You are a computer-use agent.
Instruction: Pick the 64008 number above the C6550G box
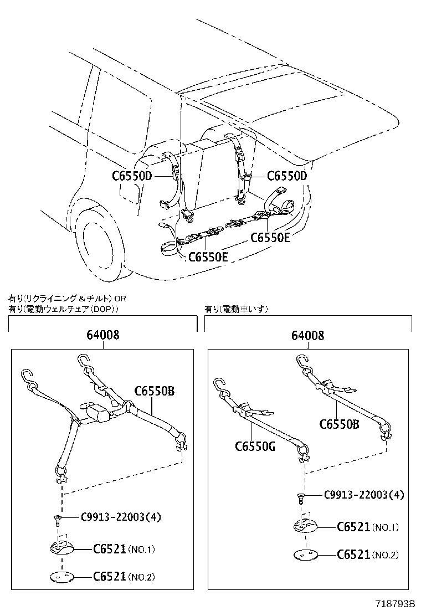pos(309,335)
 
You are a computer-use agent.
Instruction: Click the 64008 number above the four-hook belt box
pos(102,335)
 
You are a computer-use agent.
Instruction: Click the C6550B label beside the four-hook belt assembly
pos(154,391)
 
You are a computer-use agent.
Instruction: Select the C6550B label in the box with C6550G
pos(339,424)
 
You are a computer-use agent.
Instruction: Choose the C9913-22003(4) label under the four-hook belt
pos(121,517)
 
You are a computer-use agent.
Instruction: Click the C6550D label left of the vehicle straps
pos(131,176)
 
